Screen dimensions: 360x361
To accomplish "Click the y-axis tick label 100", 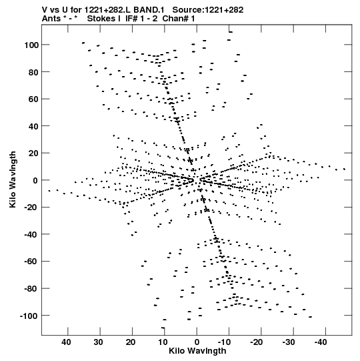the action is [31, 45].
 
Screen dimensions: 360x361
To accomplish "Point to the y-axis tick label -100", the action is [29, 316].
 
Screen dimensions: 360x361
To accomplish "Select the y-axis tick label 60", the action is [33, 99].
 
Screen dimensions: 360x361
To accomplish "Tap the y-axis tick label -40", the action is [31, 234].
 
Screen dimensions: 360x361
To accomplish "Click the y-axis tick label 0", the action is [35, 180].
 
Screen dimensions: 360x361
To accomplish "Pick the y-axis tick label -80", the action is [31, 288].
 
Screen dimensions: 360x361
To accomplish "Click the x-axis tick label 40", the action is [66, 342].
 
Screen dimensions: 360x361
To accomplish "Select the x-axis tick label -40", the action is [321, 342].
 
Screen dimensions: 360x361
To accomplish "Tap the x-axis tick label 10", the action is [163, 342].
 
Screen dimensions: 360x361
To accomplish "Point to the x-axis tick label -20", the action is [256, 342].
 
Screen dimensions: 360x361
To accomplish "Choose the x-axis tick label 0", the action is [197, 342].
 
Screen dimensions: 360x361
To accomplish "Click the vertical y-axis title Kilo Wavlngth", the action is [13, 179].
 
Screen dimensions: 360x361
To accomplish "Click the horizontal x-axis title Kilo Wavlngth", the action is [197, 351].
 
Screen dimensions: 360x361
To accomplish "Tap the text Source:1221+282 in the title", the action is [208, 10].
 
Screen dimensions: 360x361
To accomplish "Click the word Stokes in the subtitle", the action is [101, 19].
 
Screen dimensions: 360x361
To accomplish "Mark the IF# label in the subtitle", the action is [132, 19].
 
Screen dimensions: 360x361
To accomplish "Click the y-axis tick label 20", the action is [33, 153].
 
